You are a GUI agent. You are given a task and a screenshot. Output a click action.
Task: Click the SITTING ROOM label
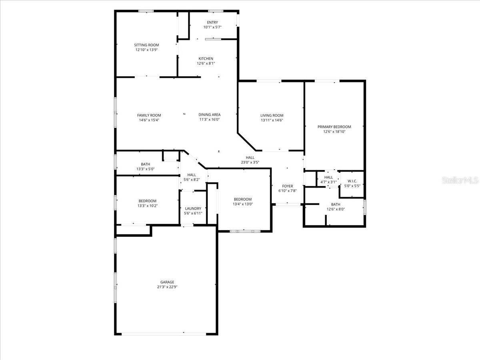[x=146, y=45]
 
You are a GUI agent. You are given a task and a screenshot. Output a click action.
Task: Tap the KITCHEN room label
[x=206, y=59]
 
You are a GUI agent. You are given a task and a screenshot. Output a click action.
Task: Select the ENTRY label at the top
[x=212, y=22]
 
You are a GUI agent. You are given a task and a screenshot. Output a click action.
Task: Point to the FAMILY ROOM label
[x=149, y=115]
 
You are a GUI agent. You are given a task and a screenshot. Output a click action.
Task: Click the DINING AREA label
[x=209, y=115]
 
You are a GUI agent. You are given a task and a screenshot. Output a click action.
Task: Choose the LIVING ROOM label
[x=272, y=115]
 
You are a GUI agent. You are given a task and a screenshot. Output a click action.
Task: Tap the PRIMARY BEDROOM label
[x=334, y=127]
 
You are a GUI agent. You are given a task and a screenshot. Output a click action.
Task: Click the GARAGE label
[x=167, y=282]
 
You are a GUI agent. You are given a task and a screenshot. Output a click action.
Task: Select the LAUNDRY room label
[x=193, y=208]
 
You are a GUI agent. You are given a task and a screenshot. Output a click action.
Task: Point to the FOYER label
[x=287, y=186]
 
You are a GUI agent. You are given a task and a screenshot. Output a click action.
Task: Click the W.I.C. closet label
[x=352, y=181]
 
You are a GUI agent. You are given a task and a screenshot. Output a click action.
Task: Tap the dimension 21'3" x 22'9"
[x=167, y=287]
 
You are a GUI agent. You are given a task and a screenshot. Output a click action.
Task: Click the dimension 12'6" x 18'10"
[x=334, y=132]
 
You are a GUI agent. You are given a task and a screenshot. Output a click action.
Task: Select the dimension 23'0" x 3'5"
[x=250, y=162]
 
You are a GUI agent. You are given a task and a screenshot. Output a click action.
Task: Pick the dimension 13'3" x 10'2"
[x=147, y=206]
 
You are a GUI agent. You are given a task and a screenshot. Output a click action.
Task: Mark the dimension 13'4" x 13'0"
[x=243, y=204]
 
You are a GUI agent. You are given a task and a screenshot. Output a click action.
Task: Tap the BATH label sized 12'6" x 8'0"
[x=335, y=204]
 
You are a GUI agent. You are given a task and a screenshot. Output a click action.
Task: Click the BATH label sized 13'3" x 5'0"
[x=145, y=164]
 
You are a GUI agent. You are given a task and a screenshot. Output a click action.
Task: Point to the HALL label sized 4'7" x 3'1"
[x=328, y=177]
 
